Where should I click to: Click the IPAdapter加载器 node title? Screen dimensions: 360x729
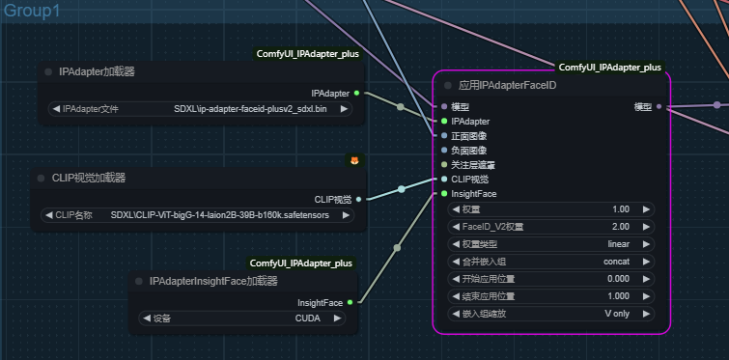click(97, 71)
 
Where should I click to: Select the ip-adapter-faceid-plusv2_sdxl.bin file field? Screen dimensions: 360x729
click(199, 109)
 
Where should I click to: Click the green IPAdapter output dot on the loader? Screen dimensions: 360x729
click(356, 93)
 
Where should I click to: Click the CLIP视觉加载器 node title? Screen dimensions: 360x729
click(88, 178)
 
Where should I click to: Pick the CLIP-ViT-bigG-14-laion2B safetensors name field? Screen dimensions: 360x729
click(199, 215)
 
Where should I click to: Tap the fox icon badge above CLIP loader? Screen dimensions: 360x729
click(354, 160)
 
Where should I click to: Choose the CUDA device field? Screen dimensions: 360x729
click(245, 318)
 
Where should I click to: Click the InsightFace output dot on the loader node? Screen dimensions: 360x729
click(350, 302)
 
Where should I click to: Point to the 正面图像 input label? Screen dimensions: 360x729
click(469, 136)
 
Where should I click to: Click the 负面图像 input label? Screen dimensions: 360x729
click(469, 151)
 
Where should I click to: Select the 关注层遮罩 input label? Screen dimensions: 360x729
click(473, 165)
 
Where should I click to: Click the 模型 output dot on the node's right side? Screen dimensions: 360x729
click(659, 106)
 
